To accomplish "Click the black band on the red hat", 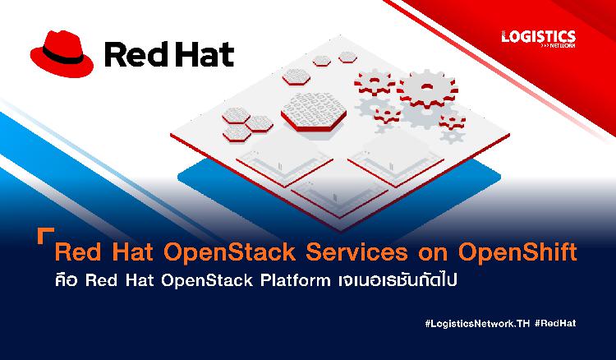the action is (63, 55).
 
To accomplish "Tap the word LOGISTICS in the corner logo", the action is (539, 37).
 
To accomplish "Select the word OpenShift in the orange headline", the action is (517, 252).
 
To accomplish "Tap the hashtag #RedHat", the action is (555, 323).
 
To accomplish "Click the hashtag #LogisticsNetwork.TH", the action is (477, 324).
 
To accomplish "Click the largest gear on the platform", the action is (427, 90).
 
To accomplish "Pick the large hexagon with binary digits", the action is (314, 111).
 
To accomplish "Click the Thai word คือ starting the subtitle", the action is (66, 281).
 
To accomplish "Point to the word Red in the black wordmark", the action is (135, 54).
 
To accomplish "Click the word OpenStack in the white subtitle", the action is (207, 281).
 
